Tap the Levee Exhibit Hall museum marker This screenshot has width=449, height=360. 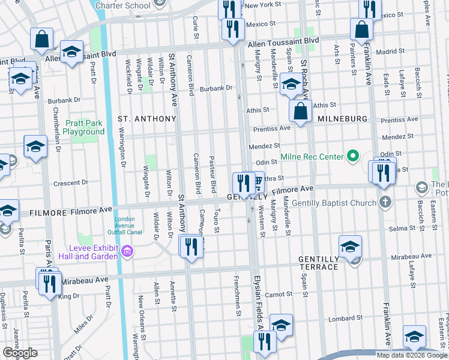point(127,250)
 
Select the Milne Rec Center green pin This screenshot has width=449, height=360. point(353,157)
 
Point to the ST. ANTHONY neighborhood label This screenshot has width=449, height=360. point(146,119)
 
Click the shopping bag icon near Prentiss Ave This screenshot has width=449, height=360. point(300,111)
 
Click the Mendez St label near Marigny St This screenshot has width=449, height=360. point(265,145)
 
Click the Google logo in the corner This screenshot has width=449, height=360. point(20,353)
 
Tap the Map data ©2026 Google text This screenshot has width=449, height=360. point(411,355)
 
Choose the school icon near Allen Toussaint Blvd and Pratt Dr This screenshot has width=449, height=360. point(71,52)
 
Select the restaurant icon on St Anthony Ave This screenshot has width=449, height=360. point(191,247)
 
